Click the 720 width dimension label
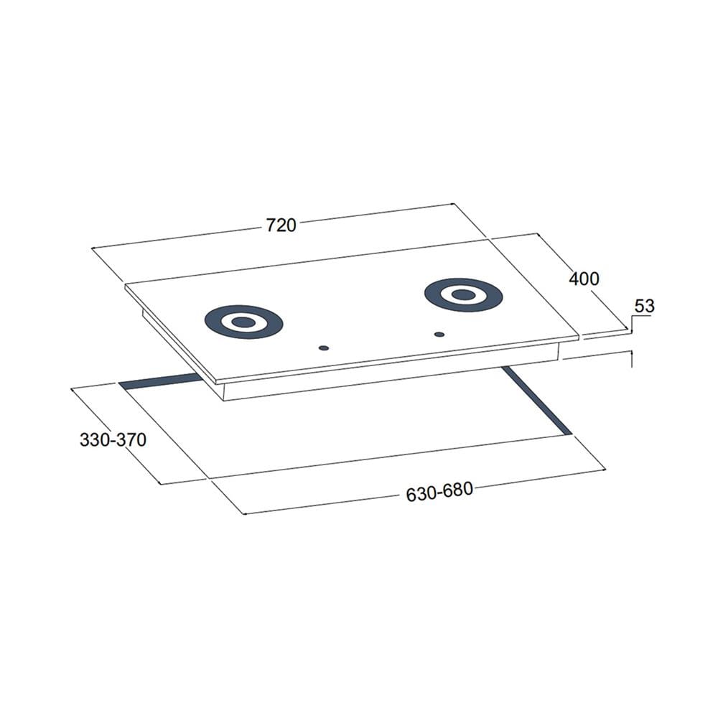pyautogui.click(x=281, y=225)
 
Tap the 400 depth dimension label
pyautogui.click(x=584, y=279)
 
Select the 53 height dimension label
pyautogui.click(x=644, y=306)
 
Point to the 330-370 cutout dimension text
pyautogui.click(x=113, y=439)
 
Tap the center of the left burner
pyautogui.click(x=243, y=322)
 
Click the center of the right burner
pyautogui.click(x=463, y=295)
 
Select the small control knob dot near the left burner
pyautogui.click(x=324, y=348)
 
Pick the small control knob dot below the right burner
pyautogui.click(x=439, y=335)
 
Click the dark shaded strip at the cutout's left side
pyautogui.click(x=160, y=381)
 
